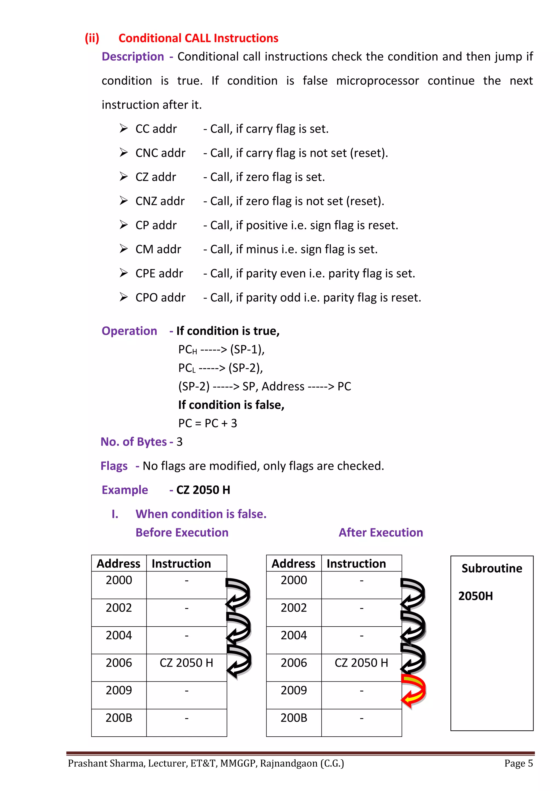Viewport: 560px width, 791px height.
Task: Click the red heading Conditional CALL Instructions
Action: coord(198,38)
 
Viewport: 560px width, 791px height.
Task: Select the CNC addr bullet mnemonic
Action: coord(160,153)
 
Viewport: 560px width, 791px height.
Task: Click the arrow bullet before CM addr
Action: coord(123,249)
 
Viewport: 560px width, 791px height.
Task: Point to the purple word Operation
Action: coord(129,331)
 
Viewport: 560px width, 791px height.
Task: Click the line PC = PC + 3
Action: coord(207,423)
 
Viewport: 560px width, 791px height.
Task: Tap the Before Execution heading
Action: coord(182,532)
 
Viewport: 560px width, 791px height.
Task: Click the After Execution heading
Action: coord(380,532)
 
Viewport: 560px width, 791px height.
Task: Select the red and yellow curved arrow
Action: coord(414,691)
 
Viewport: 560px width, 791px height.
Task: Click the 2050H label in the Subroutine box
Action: coord(475,596)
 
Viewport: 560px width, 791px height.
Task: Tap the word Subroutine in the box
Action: coord(491,568)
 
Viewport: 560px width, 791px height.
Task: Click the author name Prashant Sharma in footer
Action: coord(107,763)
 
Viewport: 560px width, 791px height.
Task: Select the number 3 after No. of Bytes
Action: coord(179,442)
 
